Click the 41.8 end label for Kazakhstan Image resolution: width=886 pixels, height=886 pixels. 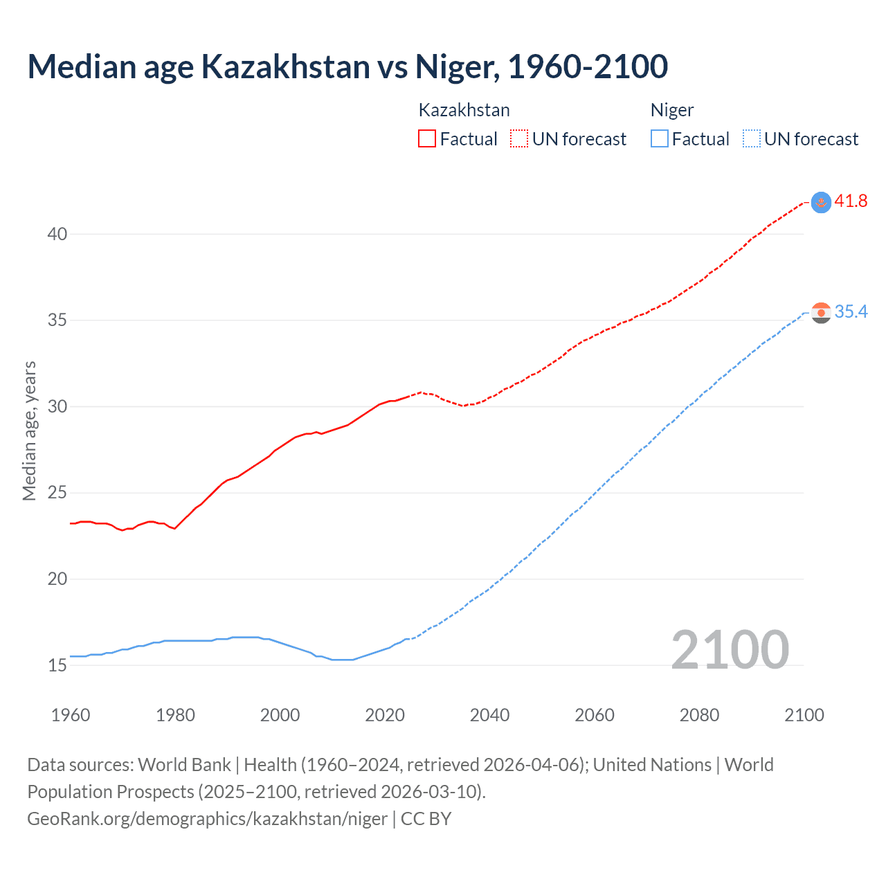click(851, 201)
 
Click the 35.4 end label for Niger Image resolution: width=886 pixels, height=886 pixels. click(851, 312)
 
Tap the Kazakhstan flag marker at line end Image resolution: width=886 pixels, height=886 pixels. click(821, 202)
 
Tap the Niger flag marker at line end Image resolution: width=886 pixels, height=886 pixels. click(821, 313)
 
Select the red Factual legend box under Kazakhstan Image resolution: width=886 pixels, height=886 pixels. click(427, 139)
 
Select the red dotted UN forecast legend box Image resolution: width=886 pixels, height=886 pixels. click(519, 139)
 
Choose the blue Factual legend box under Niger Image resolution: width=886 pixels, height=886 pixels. click(660, 139)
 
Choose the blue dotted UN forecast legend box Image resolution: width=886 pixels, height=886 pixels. click(751, 139)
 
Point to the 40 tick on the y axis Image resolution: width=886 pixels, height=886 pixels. click(57, 235)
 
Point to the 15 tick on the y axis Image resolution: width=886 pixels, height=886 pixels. click(57, 666)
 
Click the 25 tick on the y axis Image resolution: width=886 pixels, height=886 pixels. click(57, 494)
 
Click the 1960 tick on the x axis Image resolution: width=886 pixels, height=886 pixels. click(71, 715)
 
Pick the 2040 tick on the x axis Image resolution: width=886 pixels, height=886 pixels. click(489, 715)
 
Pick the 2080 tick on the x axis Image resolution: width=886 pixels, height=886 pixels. click(699, 715)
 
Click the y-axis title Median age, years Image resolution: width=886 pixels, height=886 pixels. click(29, 431)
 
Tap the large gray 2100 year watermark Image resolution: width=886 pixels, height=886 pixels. click(730, 650)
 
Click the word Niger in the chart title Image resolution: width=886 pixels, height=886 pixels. click(455, 66)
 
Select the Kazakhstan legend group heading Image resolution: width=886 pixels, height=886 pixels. click(464, 110)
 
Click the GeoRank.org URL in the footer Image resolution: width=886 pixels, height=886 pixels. click(207, 819)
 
